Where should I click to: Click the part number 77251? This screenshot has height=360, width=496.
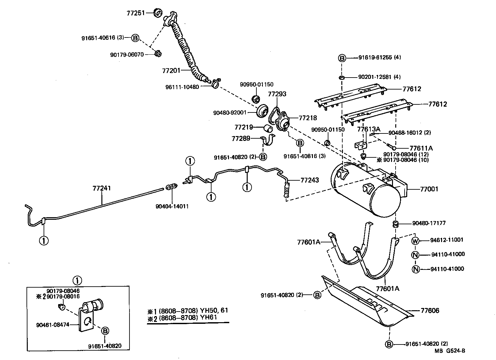135,13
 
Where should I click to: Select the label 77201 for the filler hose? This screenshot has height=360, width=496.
171,70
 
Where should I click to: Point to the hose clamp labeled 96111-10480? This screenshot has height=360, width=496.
215,85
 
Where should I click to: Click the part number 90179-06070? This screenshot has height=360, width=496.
127,54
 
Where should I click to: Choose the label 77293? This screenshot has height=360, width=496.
277,94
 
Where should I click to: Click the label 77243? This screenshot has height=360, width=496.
310,180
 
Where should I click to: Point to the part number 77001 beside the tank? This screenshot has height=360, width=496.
429,189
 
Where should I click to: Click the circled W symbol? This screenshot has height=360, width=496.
415,240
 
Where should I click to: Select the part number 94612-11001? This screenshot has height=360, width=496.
447,240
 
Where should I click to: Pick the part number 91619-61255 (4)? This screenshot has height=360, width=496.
379,58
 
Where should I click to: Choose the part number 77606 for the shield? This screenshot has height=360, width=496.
430,311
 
